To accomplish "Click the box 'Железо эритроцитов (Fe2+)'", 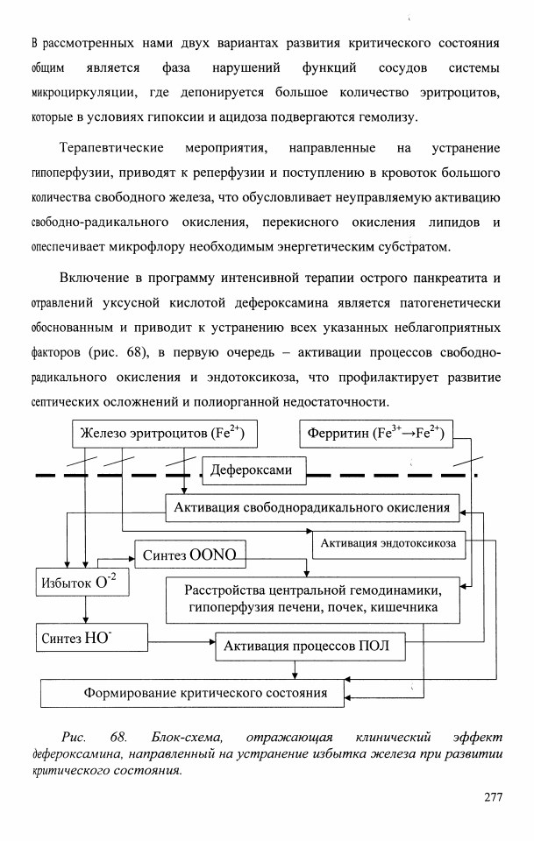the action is coord(165,434).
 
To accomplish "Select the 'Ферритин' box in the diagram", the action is coord(375,434).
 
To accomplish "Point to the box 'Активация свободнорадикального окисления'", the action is coord(312,507).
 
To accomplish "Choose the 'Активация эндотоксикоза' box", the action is coord(388,543).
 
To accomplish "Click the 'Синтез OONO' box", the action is coord(190,555).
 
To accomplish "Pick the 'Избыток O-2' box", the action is coord(82,582).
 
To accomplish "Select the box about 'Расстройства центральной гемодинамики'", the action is coord(313,599).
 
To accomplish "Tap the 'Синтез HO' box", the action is coord(92,637).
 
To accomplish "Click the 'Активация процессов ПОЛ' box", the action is coord(310,647).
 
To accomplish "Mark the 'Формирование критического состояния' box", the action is coord(193,693).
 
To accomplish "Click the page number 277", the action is coord(493,796).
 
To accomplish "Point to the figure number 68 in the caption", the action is coord(118,737).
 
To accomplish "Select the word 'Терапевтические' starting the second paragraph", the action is coord(111,148).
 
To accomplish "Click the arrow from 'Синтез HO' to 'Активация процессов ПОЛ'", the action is coord(182,642).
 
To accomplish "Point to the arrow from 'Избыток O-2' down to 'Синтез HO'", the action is coord(85,610).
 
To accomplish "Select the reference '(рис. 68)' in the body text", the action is coord(117,352).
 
